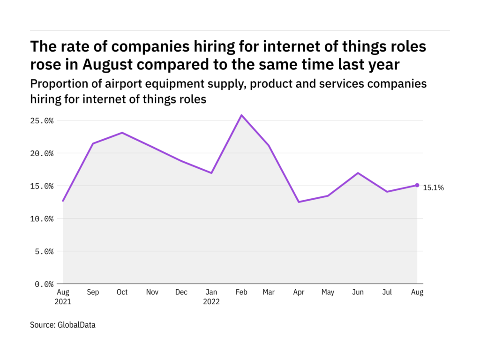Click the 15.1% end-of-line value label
point(433,188)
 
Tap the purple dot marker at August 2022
point(417,185)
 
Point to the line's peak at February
point(241,115)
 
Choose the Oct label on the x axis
point(122,292)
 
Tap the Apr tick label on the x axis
point(299,292)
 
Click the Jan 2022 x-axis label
point(211,297)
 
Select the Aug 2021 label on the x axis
point(63,297)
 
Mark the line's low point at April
point(299,202)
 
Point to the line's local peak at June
point(358,173)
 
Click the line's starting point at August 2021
point(63,201)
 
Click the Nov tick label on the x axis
point(152,292)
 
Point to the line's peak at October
point(122,133)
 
